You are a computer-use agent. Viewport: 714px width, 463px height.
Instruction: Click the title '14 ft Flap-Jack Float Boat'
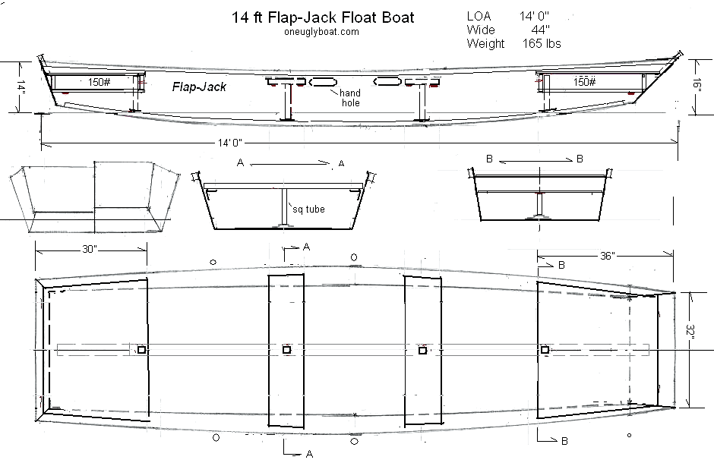pyautogui.click(x=323, y=17)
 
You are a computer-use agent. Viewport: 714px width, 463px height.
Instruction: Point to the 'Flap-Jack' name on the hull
pyautogui.click(x=199, y=87)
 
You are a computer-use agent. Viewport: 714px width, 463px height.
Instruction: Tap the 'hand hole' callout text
pyautogui.click(x=350, y=98)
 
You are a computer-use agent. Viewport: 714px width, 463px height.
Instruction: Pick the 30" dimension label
pyautogui.click(x=90, y=249)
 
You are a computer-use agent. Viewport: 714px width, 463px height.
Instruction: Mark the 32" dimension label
pyautogui.click(x=693, y=332)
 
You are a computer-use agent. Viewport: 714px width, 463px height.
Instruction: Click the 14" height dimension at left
pyautogui.click(x=22, y=87)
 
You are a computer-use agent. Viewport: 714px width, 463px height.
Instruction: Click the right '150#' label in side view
pyautogui.click(x=584, y=82)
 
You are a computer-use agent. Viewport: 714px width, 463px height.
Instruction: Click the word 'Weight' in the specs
pyautogui.click(x=485, y=44)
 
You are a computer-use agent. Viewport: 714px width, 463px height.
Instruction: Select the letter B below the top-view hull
pyautogui.click(x=564, y=441)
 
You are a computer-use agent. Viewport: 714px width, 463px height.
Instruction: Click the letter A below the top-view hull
pyautogui.click(x=309, y=454)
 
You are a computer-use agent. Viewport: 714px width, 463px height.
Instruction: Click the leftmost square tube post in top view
pyautogui.click(x=141, y=350)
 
